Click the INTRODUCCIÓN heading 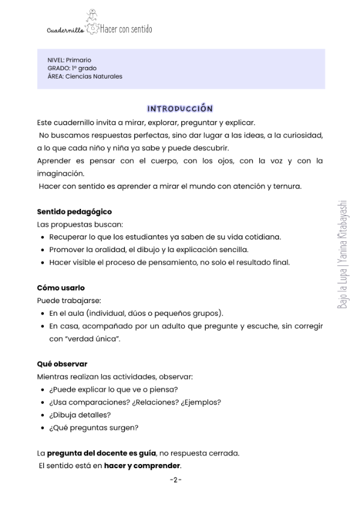tap(180, 109)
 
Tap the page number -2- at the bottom tap(175, 480)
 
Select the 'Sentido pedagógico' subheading tap(74, 212)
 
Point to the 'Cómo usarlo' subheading tap(61, 288)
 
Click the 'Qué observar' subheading tap(62, 364)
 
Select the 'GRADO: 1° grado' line tap(71, 68)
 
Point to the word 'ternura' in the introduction tap(287, 186)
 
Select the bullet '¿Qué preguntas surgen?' tap(94, 428)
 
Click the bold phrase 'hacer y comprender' tap(142, 466)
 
